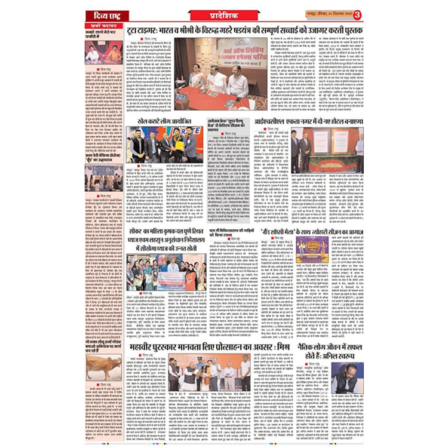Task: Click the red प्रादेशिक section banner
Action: tap(224, 16)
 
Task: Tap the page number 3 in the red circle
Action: tap(357, 15)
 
